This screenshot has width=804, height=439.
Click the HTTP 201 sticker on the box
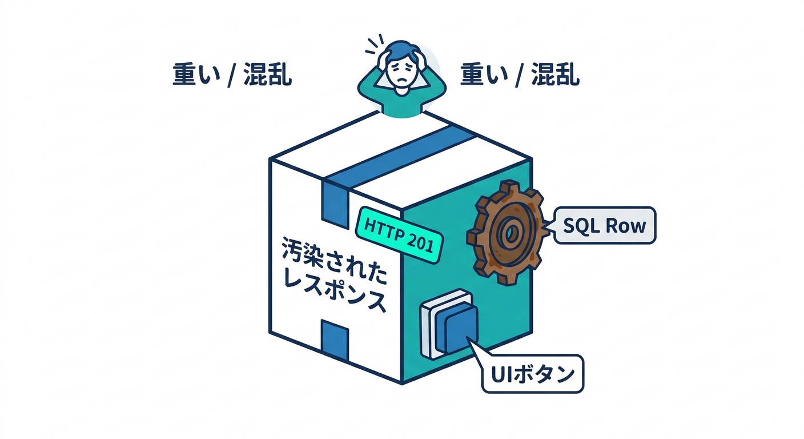pos(399,235)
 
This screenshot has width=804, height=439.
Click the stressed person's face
pos(401,75)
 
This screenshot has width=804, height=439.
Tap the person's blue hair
pos(401,50)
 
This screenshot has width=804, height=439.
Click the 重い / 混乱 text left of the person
pos(232,75)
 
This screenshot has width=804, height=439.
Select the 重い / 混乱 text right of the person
pos(520,75)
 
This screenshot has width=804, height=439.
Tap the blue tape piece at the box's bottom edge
pos(335,340)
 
